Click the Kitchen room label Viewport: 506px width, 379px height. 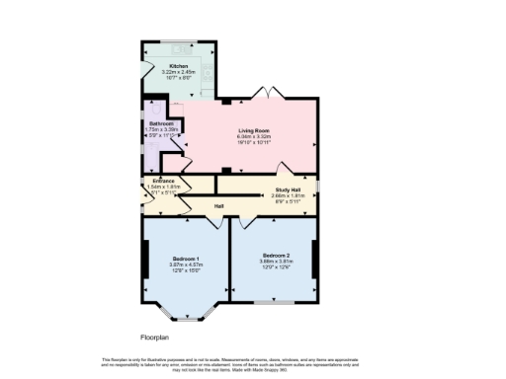point(180,65)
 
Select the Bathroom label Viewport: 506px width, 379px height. point(159,123)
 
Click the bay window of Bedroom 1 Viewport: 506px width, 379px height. point(185,315)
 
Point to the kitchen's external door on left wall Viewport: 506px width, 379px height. point(146,69)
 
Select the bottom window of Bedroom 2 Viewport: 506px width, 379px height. point(275,301)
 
